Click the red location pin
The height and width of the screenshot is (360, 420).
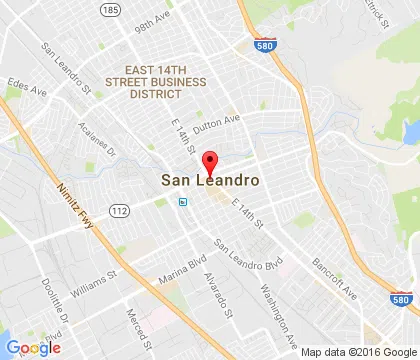coord(210,162)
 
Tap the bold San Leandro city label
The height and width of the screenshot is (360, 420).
coord(211,181)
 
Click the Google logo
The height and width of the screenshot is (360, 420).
coord(33,347)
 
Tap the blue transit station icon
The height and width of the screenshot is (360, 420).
coord(182,200)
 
